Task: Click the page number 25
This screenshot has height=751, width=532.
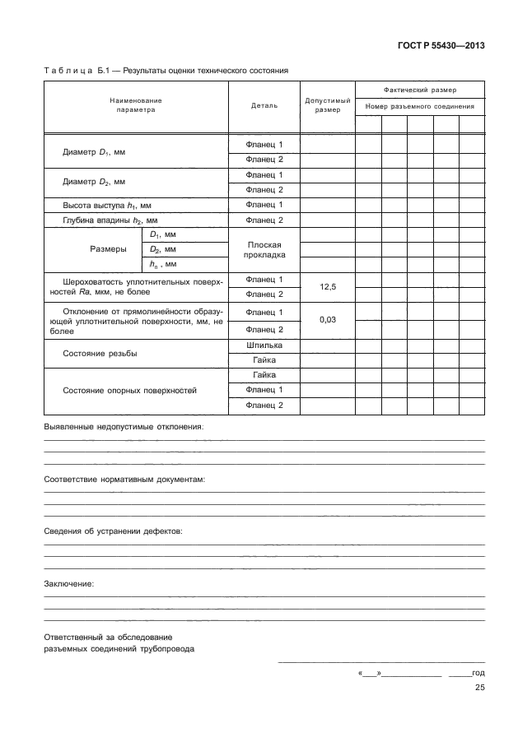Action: pos(478,689)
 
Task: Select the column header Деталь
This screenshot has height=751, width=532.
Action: pos(264,105)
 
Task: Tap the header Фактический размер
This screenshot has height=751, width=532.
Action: pos(419,89)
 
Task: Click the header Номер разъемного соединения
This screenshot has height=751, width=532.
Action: pos(419,106)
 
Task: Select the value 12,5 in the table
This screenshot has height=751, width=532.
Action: pos(328,286)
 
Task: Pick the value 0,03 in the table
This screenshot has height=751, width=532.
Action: pos(328,321)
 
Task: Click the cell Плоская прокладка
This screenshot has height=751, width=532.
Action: pos(264,250)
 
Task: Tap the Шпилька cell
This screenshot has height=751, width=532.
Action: pos(264,345)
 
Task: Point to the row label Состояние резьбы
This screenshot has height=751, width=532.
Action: pos(100,353)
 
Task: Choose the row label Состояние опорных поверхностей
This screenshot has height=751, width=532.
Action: pos(130,390)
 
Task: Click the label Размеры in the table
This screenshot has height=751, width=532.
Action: pos(107,249)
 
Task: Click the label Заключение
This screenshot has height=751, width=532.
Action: pos(68,583)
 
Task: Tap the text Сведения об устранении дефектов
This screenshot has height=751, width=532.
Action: pos(113,531)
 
